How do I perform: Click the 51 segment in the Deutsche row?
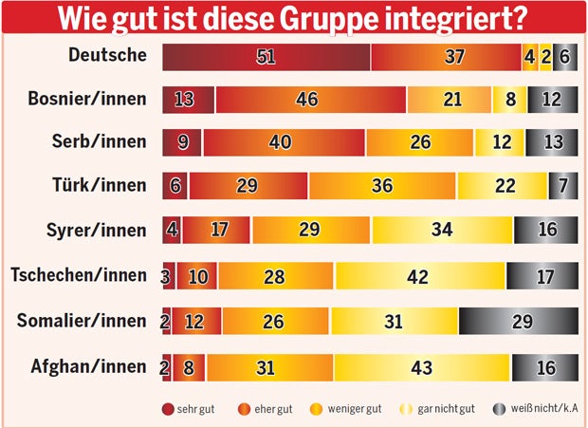[x=266, y=57]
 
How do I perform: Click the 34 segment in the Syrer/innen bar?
[x=442, y=231]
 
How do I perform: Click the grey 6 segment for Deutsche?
[x=565, y=57]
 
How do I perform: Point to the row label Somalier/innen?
[x=83, y=321]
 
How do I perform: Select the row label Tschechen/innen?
[x=79, y=275]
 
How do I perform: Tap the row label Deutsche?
[x=108, y=55]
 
